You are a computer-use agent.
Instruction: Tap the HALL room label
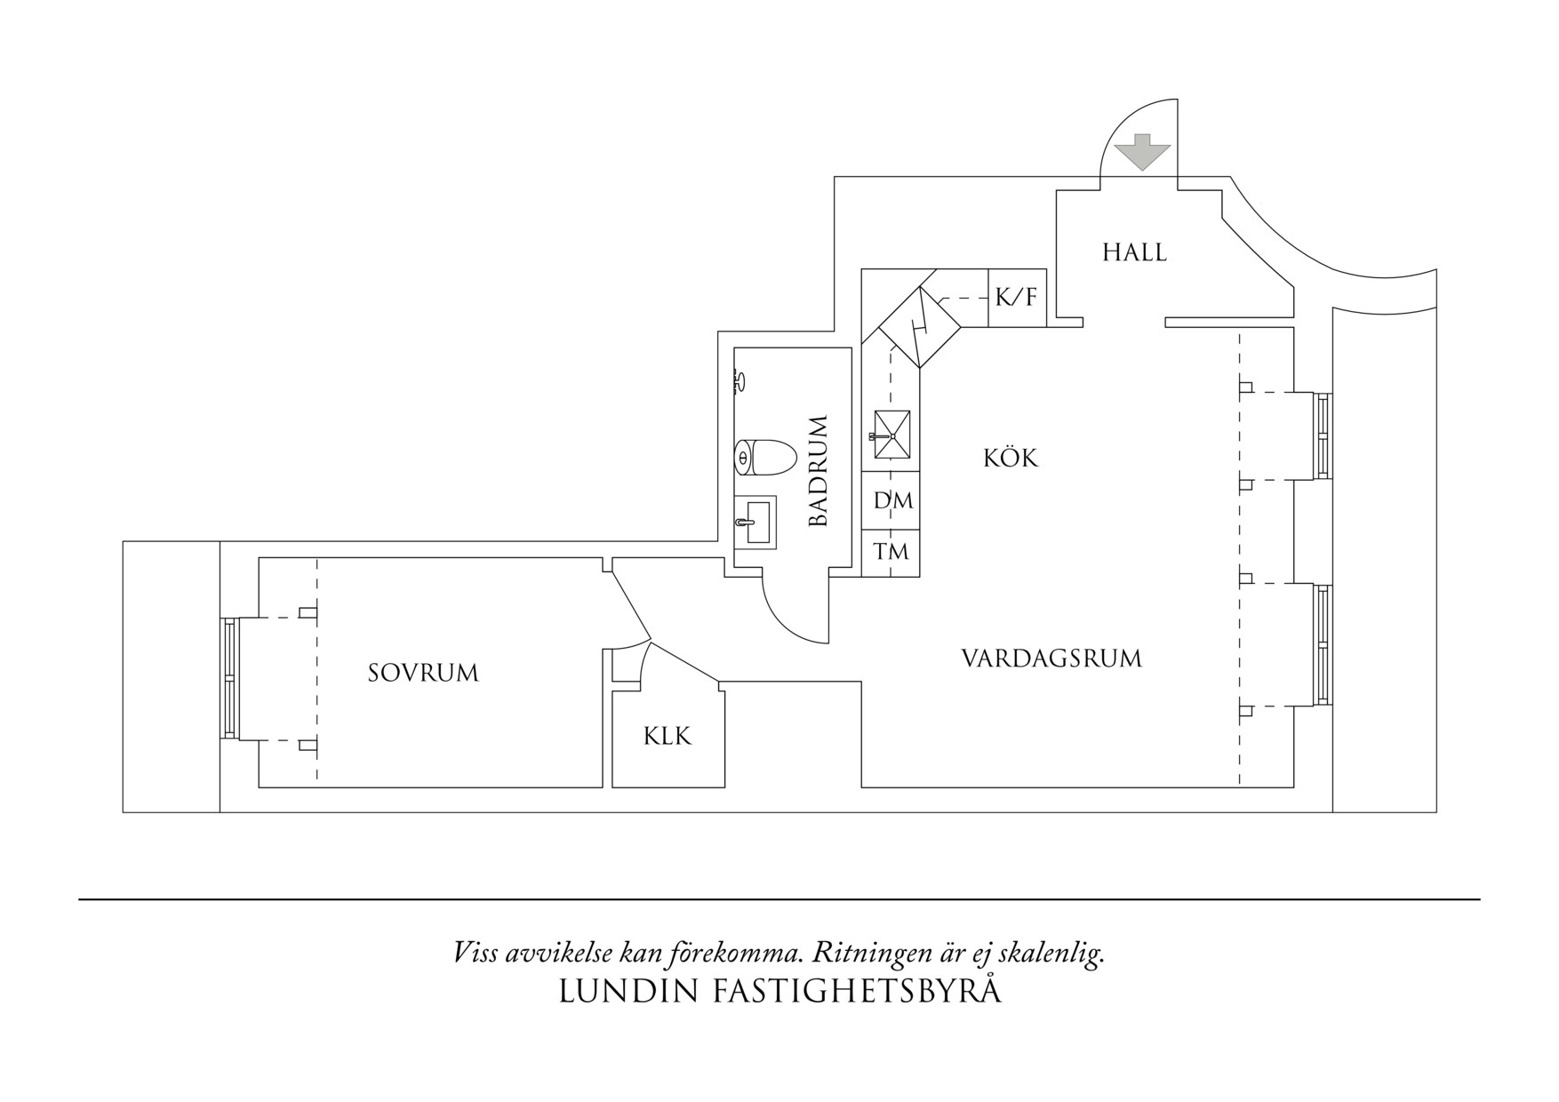(x=1134, y=253)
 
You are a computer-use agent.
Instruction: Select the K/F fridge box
(x=1016, y=298)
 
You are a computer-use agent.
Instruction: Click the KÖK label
(x=1011, y=459)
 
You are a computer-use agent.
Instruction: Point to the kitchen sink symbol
(x=891, y=435)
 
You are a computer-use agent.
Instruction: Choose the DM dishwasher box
(x=892, y=501)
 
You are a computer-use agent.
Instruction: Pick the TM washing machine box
(x=891, y=553)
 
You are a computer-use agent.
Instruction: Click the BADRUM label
(x=819, y=470)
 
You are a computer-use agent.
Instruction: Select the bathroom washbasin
(x=756, y=521)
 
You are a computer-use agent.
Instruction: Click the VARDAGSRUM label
(x=1051, y=659)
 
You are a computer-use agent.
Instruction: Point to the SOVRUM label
(x=423, y=674)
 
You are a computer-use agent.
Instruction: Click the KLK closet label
(x=668, y=737)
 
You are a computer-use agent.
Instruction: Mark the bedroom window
(x=230, y=678)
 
